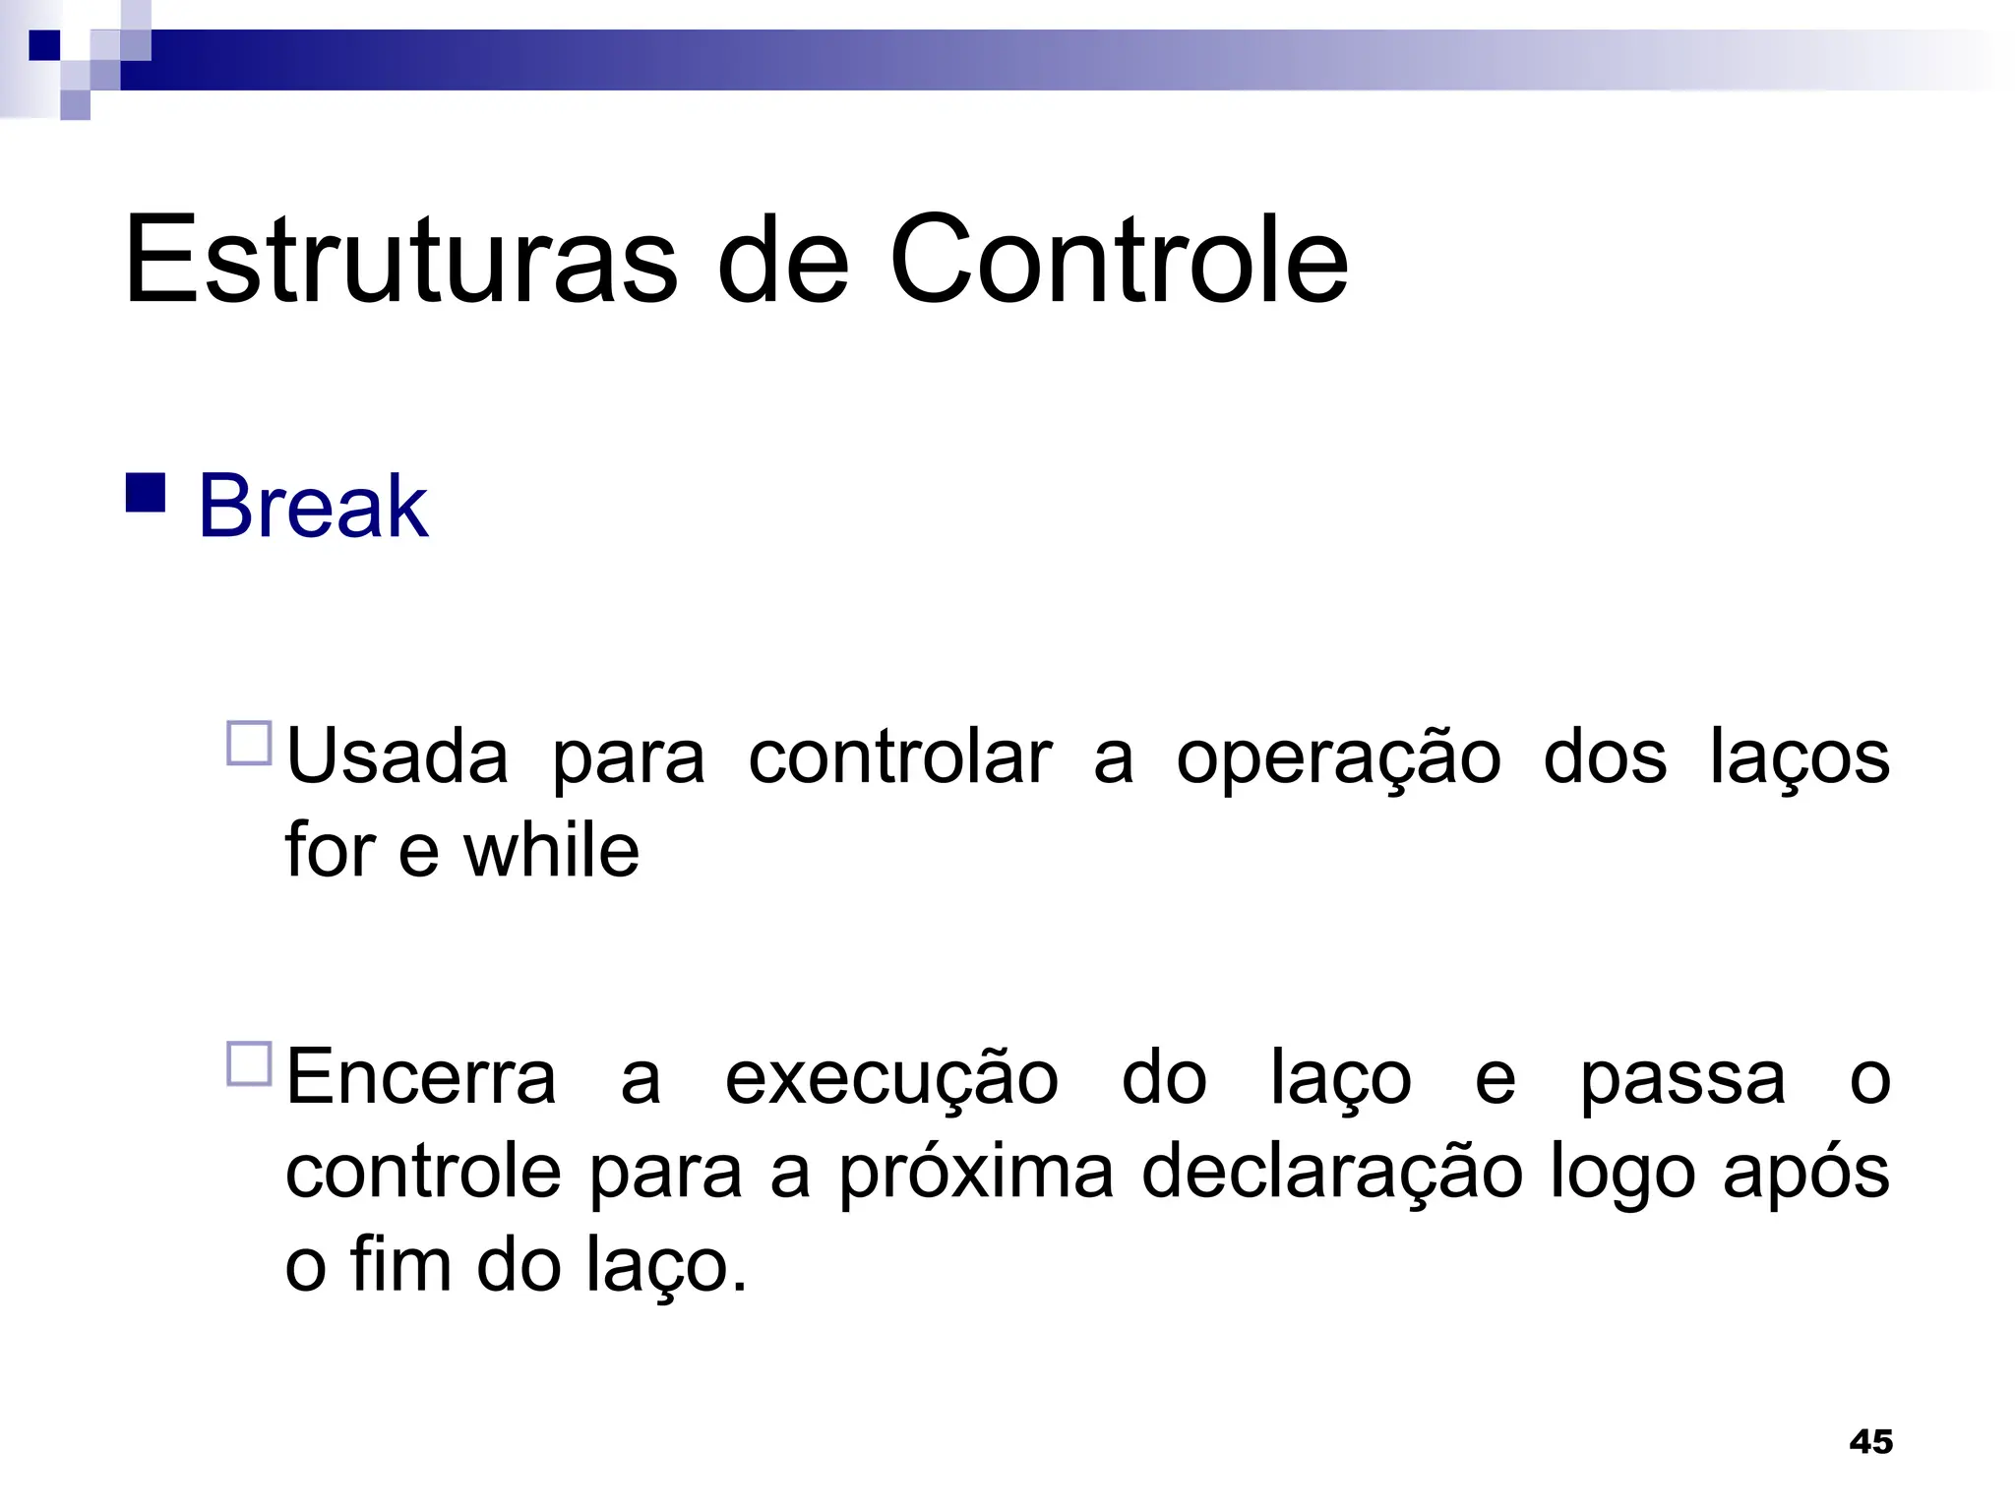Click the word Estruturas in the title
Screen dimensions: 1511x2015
401,261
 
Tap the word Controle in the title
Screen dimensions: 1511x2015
1119,261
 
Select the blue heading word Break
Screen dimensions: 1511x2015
313,507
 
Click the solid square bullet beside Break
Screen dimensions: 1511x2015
146,494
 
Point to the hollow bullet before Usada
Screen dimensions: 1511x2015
249,744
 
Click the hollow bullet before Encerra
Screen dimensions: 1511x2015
249,1064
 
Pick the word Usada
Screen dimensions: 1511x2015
397,757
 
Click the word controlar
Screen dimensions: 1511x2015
899,757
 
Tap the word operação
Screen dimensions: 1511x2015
1338,757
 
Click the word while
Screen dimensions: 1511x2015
551,851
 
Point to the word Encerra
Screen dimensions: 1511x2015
421,1078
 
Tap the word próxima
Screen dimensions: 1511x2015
976,1173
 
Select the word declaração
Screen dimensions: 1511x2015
1332,1173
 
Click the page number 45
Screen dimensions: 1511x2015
1870,1442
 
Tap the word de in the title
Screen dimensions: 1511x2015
783,261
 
